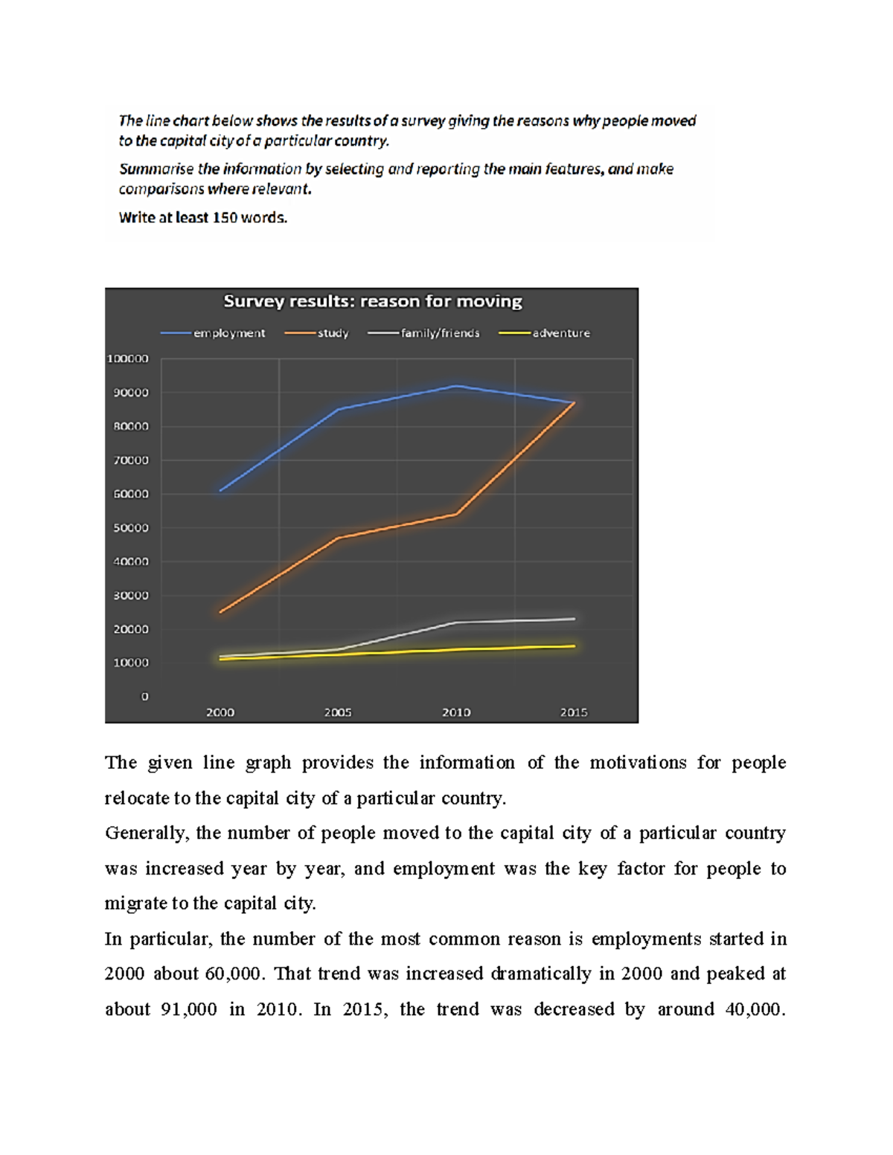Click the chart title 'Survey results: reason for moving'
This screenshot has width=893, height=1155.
(x=372, y=301)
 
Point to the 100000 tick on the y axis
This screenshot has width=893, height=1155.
(x=128, y=358)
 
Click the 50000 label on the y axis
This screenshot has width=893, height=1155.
(x=131, y=528)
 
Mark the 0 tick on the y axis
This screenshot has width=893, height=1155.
(x=144, y=697)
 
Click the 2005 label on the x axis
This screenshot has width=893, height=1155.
(x=338, y=712)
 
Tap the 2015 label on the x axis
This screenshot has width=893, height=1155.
(x=574, y=712)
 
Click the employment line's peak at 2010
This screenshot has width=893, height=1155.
(x=456, y=386)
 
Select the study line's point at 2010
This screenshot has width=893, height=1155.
(x=456, y=514)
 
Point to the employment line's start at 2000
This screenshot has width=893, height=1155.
(x=220, y=491)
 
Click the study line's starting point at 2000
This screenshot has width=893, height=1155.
(x=220, y=612)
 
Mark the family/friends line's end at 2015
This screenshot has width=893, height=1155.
(x=574, y=619)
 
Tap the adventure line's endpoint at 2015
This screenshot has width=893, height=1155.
(x=574, y=646)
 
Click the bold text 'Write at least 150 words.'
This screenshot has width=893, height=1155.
(x=203, y=218)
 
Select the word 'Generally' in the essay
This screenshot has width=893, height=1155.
(x=145, y=833)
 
